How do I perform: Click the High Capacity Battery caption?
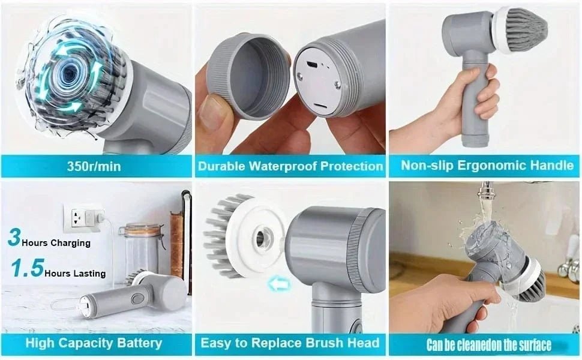pos(94,343)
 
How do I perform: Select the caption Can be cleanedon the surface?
pos(488,345)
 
